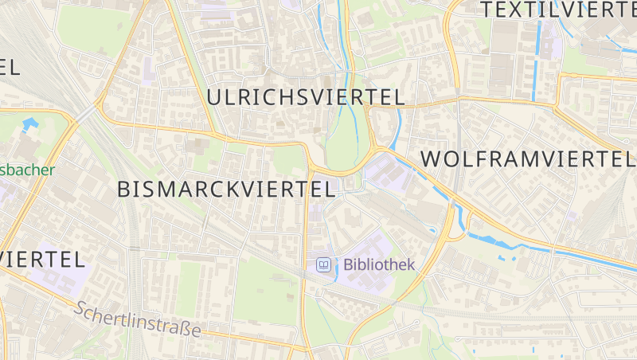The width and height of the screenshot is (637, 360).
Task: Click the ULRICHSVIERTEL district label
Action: click(x=306, y=97)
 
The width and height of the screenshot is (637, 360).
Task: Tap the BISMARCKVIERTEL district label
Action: click(x=225, y=189)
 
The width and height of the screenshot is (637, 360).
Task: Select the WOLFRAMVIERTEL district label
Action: click(x=528, y=158)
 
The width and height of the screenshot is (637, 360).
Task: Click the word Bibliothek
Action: click(x=379, y=264)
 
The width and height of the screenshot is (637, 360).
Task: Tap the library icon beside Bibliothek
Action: click(x=323, y=264)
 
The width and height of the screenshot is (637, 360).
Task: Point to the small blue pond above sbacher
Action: click(x=30, y=123)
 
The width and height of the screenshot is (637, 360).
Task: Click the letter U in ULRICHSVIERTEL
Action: click(x=214, y=97)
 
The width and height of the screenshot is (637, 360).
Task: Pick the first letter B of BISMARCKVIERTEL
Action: click(x=123, y=189)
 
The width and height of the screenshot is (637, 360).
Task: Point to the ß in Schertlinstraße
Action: click(x=182, y=328)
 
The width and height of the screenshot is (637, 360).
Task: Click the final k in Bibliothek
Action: click(x=410, y=264)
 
